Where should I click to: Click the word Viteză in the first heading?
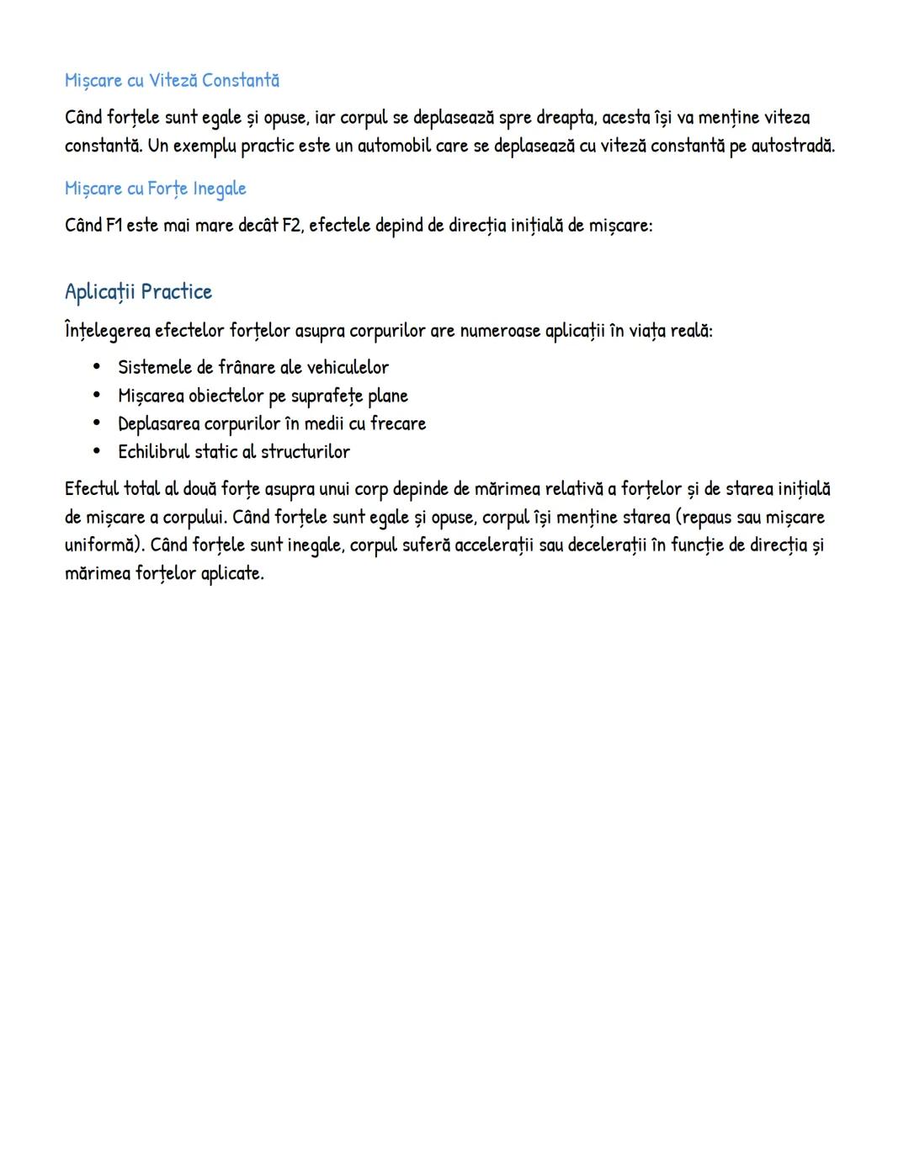click(x=173, y=80)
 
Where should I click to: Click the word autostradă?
click(x=792, y=146)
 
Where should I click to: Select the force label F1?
click(x=114, y=226)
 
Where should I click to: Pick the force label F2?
click(x=292, y=226)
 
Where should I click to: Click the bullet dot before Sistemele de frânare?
click(x=97, y=367)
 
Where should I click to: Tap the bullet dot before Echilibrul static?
click(x=97, y=451)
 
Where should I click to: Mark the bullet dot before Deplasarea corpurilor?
click(x=97, y=423)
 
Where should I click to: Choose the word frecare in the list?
click(x=398, y=423)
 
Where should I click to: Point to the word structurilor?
click(x=306, y=451)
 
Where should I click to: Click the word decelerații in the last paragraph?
click(x=607, y=545)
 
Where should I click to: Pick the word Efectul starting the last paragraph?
click(x=92, y=488)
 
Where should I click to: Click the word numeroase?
click(x=499, y=330)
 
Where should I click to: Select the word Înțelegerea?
click(x=108, y=330)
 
